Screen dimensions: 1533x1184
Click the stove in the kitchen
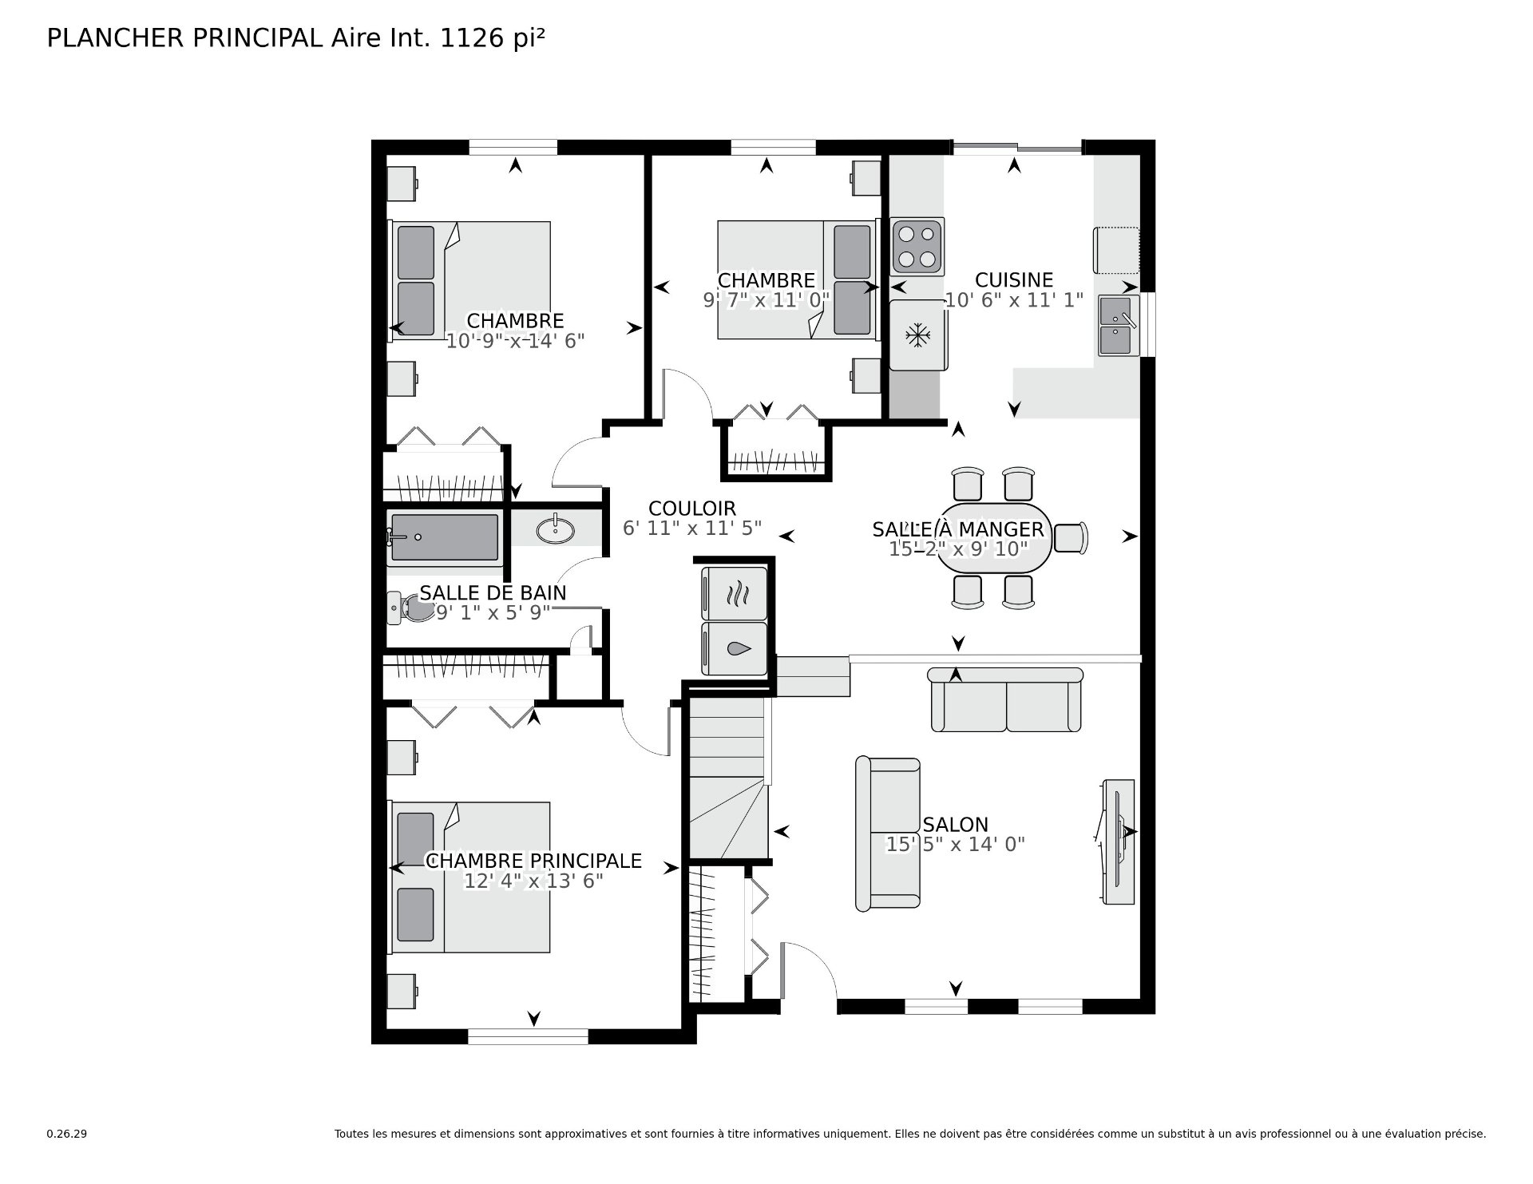917,246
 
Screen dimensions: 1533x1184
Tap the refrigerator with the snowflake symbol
918,335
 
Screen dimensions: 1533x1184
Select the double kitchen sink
1119,326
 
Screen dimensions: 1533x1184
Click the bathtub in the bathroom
445,537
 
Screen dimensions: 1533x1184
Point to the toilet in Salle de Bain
407,608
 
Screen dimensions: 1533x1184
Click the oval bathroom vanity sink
555,529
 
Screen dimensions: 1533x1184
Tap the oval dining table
994,537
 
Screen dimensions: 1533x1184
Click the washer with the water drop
735,649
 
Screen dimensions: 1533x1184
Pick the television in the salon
1117,841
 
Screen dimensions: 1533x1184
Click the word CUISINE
1014,280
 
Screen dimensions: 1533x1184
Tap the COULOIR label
692,509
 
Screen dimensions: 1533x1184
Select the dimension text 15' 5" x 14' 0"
956,844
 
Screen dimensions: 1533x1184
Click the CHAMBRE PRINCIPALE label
533,861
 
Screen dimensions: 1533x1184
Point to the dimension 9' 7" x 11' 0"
766,300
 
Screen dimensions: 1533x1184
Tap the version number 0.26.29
66,1134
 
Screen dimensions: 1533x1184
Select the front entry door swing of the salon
809,969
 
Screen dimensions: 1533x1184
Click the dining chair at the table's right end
1071,537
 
